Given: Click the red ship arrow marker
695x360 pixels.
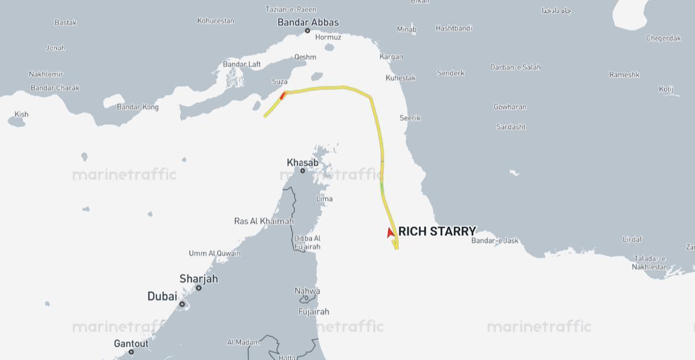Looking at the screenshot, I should pyautogui.click(x=390, y=232).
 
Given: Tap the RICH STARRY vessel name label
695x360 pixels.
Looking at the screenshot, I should pyautogui.click(x=437, y=231).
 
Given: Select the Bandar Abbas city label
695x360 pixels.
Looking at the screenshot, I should pyautogui.click(x=308, y=22).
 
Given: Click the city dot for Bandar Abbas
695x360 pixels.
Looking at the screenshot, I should pyautogui.click(x=307, y=30).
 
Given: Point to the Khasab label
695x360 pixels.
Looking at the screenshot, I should pyautogui.click(x=302, y=162).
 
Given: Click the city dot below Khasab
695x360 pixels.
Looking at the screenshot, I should pyautogui.click(x=302, y=170).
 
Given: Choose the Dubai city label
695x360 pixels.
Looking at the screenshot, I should pyautogui.click(x=162, y=296).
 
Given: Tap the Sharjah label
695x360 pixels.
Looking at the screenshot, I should pyautogui.click(x=199, y=279).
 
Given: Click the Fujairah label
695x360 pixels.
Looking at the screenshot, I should pyautogui.click(x=313, y=312).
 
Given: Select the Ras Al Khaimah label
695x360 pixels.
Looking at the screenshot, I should pyautogui.click(x=264, y=221).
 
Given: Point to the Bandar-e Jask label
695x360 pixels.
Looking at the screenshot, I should pyautogui.click(x=495, y=241).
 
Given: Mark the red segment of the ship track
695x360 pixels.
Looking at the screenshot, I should pyautogui.click(x=282, y=96).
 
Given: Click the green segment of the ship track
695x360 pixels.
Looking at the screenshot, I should pyautogui.click(x=382, y=188).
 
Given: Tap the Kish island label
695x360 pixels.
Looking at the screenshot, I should pyautogui.click(x=21, y=114).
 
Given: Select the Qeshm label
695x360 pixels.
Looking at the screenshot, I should pyautogui.click(x=305, y=57).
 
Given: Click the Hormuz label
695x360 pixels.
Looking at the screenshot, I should pyautogui.click(x=328, y=37).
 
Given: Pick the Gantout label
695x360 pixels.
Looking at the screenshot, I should pyautogui.click(x=131, y=344).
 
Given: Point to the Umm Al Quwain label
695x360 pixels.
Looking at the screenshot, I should pyautogui.click(x=214, y=253).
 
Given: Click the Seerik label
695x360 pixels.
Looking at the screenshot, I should pyautogui.click(x=410, y=118).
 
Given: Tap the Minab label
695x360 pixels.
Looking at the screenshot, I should pyautogui.click(x=406, y=29).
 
